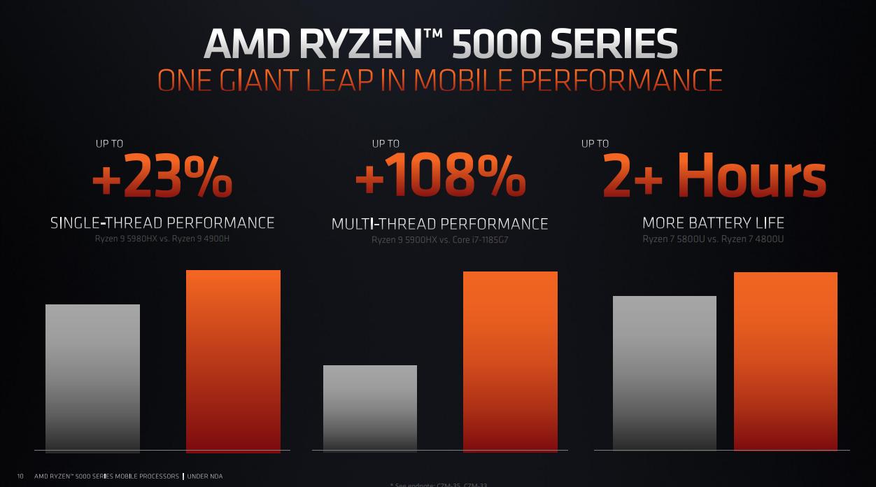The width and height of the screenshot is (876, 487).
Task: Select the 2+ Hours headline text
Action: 714,178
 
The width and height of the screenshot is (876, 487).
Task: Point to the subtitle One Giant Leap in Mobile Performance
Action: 439,80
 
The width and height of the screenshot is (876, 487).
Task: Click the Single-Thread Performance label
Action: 162,223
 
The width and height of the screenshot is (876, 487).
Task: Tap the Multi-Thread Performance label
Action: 439,224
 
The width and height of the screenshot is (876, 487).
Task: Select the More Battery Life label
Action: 713,223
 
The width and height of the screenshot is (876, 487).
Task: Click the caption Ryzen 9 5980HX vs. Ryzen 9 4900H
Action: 162,239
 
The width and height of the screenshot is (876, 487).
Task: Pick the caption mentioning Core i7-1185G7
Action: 439,240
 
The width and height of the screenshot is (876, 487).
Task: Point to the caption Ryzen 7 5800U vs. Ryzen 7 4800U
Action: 713,239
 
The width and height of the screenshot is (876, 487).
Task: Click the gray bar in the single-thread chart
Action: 92,378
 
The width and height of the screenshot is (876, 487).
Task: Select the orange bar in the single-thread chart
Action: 233,361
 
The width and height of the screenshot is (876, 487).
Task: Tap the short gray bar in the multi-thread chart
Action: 369,408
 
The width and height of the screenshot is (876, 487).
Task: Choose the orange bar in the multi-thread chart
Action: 510,361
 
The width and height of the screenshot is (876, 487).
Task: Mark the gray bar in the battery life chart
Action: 664,373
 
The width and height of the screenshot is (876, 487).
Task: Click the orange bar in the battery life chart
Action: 785,361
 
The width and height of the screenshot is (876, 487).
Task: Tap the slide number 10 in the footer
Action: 20,477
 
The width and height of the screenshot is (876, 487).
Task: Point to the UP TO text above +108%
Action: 386,143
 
